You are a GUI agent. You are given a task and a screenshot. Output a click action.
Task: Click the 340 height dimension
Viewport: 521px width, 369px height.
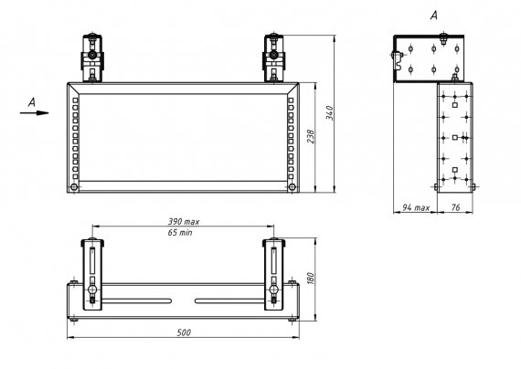pos(329,113)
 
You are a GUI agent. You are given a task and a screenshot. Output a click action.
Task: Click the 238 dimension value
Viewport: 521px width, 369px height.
pos(311,136)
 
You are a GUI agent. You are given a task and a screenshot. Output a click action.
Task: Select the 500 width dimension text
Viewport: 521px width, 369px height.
pos(184,332)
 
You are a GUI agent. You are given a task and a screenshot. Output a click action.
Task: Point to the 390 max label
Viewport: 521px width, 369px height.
pos(184,222)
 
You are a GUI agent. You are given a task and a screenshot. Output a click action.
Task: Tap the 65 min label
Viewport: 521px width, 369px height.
pos(180,233)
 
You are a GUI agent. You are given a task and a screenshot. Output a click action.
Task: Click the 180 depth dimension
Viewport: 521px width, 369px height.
pos(311,279)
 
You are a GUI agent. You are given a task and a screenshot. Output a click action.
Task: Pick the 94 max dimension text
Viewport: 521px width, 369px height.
pos(416,207)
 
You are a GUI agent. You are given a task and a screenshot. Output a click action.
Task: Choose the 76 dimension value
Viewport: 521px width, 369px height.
pos(455,207)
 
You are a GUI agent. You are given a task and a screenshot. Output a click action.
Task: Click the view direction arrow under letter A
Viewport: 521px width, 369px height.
pos(34,113)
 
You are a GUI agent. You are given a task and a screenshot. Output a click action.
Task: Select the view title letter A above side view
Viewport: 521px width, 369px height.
pos(434,16)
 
